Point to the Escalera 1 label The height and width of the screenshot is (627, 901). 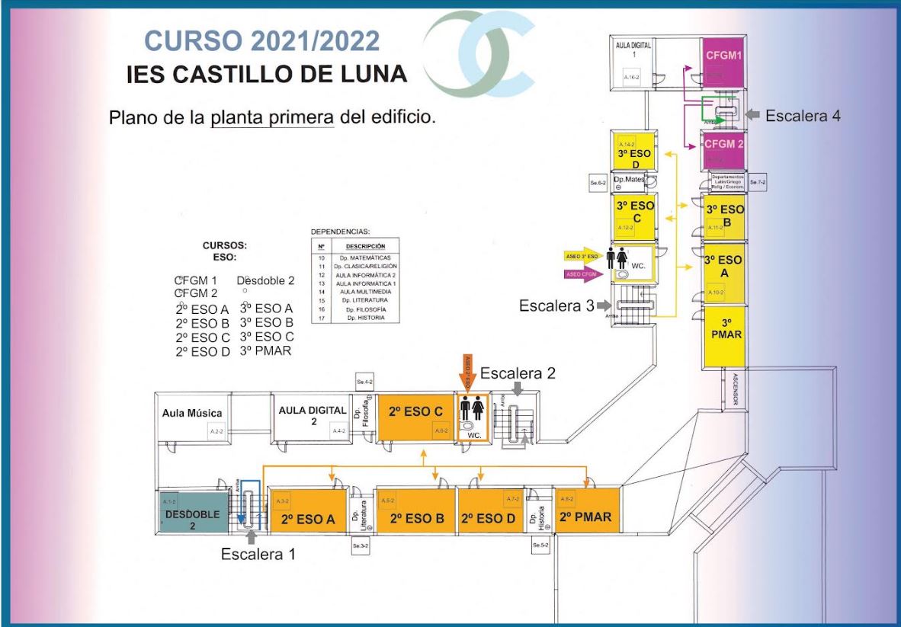258,554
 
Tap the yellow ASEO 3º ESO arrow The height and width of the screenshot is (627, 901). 582,256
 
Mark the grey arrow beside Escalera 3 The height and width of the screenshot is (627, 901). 604,306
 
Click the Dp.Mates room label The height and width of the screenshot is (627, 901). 634,181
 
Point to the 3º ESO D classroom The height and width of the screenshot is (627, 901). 633,158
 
